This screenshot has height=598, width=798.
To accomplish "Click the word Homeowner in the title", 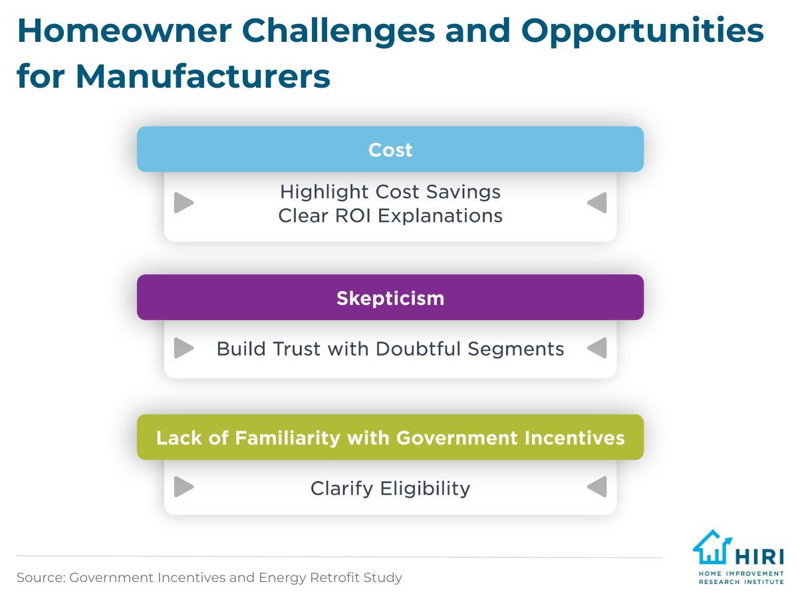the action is click(124, 31).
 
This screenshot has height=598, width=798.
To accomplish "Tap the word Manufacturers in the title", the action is click(203, 76).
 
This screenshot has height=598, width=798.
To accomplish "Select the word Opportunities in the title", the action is click(642, 32).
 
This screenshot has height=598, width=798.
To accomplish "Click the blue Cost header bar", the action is click(390, 149).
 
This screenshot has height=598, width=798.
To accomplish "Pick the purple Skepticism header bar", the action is click(390, 298).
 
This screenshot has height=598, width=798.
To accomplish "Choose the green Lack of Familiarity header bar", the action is click(390, 437).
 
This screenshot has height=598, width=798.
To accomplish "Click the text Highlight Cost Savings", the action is click(390, 192).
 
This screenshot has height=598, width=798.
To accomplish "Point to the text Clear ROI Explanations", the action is click(390, 216).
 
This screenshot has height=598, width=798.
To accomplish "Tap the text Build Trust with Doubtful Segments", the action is click(390, 349).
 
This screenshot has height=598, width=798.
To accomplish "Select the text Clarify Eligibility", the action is click(390, 488).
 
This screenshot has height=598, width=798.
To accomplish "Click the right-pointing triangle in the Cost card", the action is click(184, 203).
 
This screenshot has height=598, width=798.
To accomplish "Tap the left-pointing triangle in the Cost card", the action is click(597, 203).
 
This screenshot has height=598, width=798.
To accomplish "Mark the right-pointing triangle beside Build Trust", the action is click(184, 348).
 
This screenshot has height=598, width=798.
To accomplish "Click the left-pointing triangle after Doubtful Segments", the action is click(597, 348).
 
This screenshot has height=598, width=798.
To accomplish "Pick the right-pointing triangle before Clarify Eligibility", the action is click(184, 486).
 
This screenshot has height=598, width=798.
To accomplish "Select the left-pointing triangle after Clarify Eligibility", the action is click(597, 486).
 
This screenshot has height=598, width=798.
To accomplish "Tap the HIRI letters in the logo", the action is click(759, 556).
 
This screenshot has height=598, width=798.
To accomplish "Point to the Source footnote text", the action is click(209, 577).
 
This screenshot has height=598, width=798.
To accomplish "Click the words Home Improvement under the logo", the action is click(741, 573).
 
